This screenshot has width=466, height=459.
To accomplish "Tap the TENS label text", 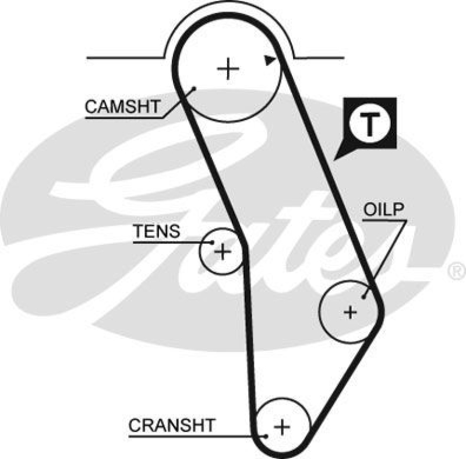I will click(x=157, y=232).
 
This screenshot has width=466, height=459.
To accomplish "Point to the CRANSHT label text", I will click(x=172, y=425).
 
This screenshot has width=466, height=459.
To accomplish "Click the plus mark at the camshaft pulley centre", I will click(x=228, y=70).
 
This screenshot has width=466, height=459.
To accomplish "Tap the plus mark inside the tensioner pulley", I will click(x=222, y=251).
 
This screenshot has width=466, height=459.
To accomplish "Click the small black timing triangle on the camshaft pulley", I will click(x=269, y=59).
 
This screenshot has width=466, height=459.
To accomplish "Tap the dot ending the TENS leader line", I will click(x=212, y=242).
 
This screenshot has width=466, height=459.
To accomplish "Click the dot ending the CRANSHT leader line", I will click(x=265, y=435).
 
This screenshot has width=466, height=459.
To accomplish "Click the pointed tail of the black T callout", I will click(x=336, y=159).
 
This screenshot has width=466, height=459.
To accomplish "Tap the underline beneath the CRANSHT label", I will click(x=192, y=435).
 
